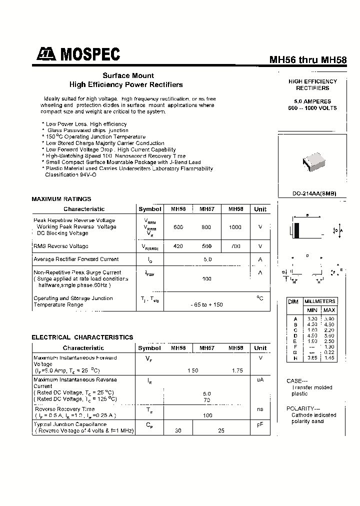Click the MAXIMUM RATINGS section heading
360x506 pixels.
[x=61, y=199]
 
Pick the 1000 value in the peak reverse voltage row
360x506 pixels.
[x=235, y=227]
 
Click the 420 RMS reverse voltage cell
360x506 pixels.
[x=178, y=246]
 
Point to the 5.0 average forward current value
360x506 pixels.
[x=207, y=259]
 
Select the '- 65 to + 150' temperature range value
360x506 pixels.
[x=207, y=304]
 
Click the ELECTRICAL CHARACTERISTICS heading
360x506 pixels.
[x=82, y=337]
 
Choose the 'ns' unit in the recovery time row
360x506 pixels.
[x=260, y=409]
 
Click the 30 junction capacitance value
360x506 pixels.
[x=178, y=430]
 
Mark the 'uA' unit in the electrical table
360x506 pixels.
[x=260, y=380]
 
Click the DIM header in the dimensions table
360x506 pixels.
[x=293, y=302]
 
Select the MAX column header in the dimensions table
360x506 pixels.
[x=329, y=310]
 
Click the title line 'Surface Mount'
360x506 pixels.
[x=125, y=75]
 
